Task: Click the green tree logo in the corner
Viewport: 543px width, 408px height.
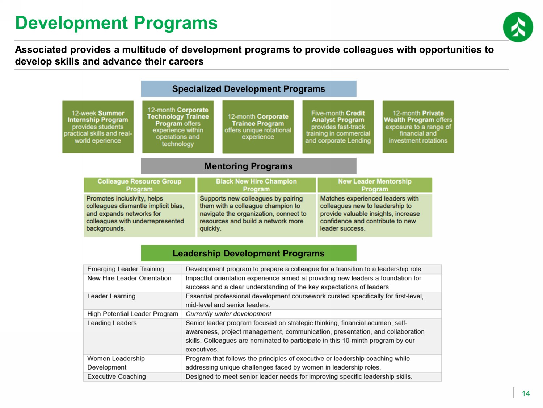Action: (518, 27)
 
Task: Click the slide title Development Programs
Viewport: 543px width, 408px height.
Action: (116, 23)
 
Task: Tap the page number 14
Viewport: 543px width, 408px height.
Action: (526, 393)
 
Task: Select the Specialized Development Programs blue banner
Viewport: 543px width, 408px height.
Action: (249, 89)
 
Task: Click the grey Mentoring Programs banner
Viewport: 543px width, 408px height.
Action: (249, 166)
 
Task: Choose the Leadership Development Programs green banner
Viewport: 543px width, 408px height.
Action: (249, 253)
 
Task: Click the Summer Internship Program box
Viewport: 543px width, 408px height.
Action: (98, 127)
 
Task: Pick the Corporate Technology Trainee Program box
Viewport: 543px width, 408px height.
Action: (178, 127)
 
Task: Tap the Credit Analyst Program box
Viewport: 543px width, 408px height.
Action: (338, 127)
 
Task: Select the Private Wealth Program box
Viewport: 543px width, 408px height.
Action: (418, 127)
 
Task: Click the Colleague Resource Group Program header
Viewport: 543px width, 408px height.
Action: (139, 185)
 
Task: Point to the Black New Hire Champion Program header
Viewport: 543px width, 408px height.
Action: (256, 185)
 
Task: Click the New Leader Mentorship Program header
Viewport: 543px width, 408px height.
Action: (375, 185)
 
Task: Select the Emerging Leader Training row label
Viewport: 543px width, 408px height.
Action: (125, 269)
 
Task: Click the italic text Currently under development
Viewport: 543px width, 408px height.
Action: (228, 314)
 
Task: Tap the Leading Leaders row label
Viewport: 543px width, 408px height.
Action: (112, 323)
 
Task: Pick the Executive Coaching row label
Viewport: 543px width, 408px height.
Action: (117, 376)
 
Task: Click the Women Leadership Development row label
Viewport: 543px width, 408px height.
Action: (116, 363)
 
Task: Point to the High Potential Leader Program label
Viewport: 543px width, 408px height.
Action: (132, 314)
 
